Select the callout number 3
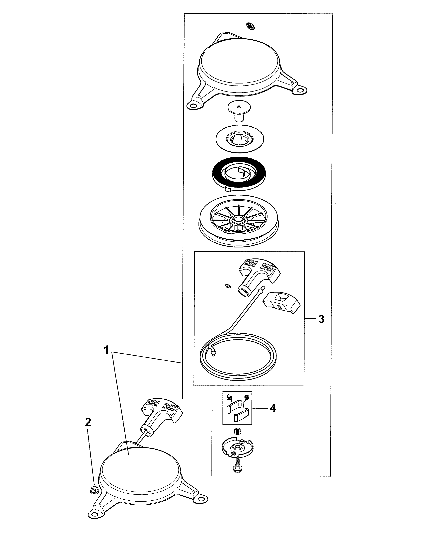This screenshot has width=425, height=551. click(x=321, y=319)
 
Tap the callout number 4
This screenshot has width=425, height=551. click(x=273, y=408)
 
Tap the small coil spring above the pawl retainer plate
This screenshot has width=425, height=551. click(x=237, y=432)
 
